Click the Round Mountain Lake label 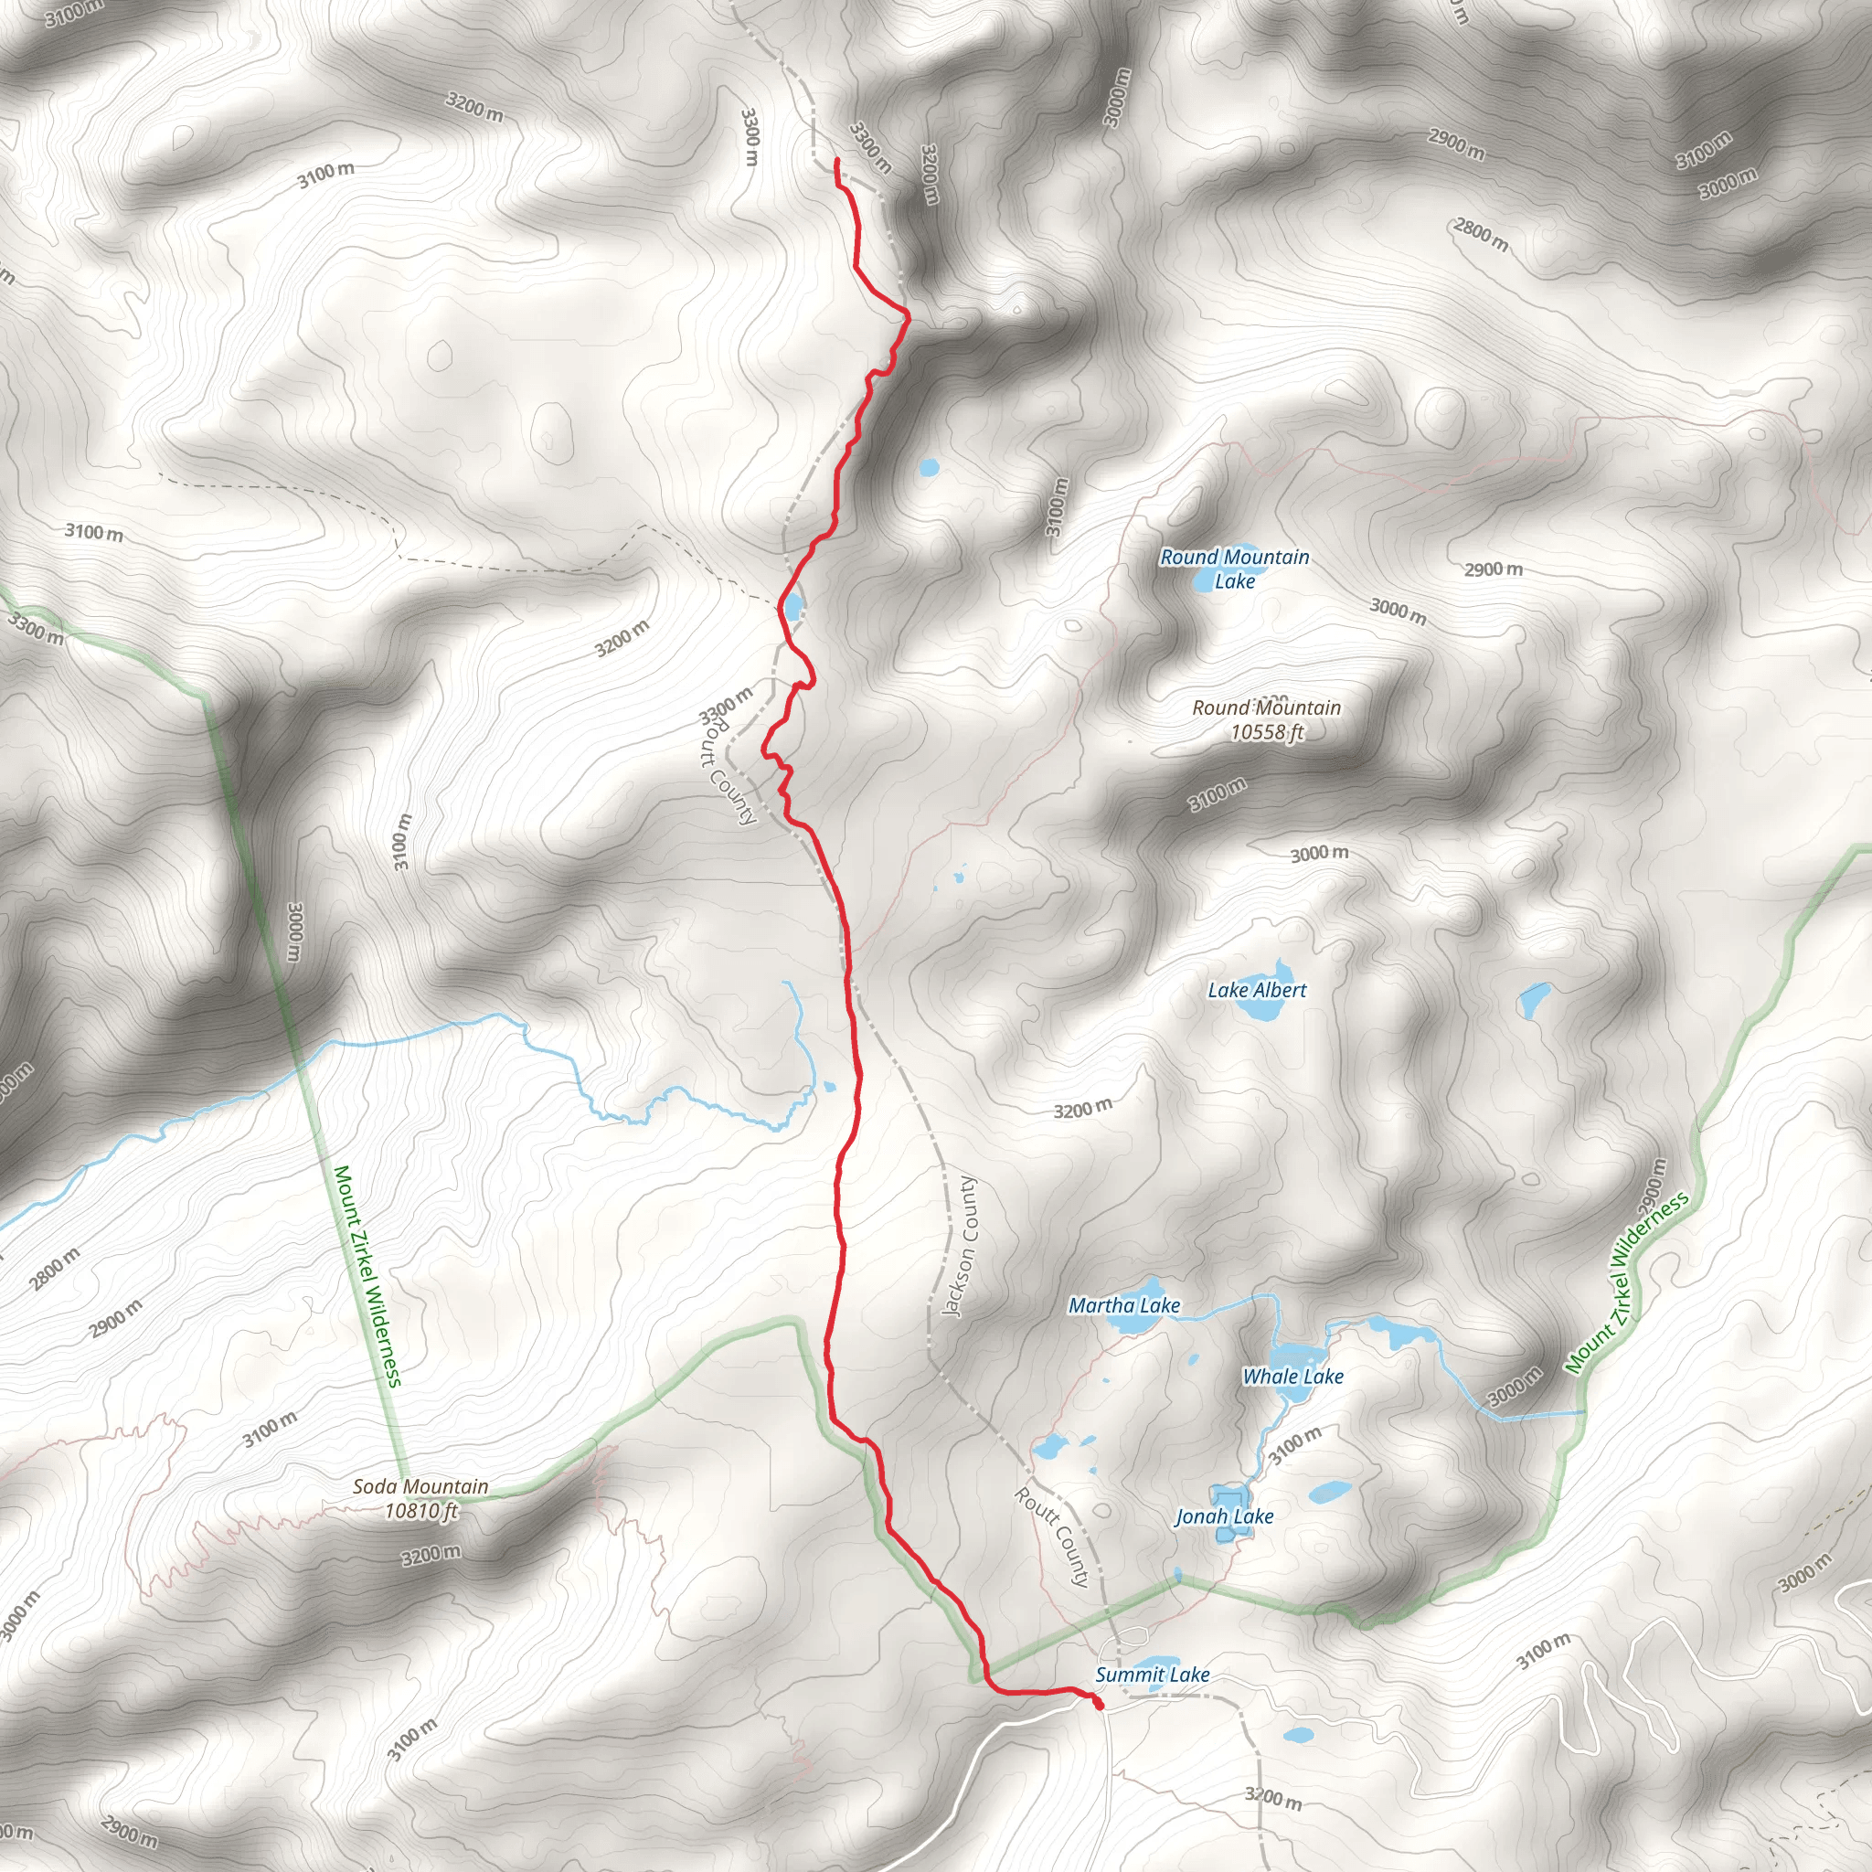[1234, 569]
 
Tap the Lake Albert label [1257, 989]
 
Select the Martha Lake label [1124, 1305]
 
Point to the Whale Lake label [1292, 1376]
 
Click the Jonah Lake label [1224, 1516]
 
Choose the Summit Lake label [1152, 1675]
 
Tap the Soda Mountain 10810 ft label [420, 1498]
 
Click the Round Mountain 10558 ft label [1266, 719]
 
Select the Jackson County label [961, 1247]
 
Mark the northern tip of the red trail [836, 160]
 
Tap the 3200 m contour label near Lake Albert [1082, 1109]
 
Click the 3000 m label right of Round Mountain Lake [1398, 612]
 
